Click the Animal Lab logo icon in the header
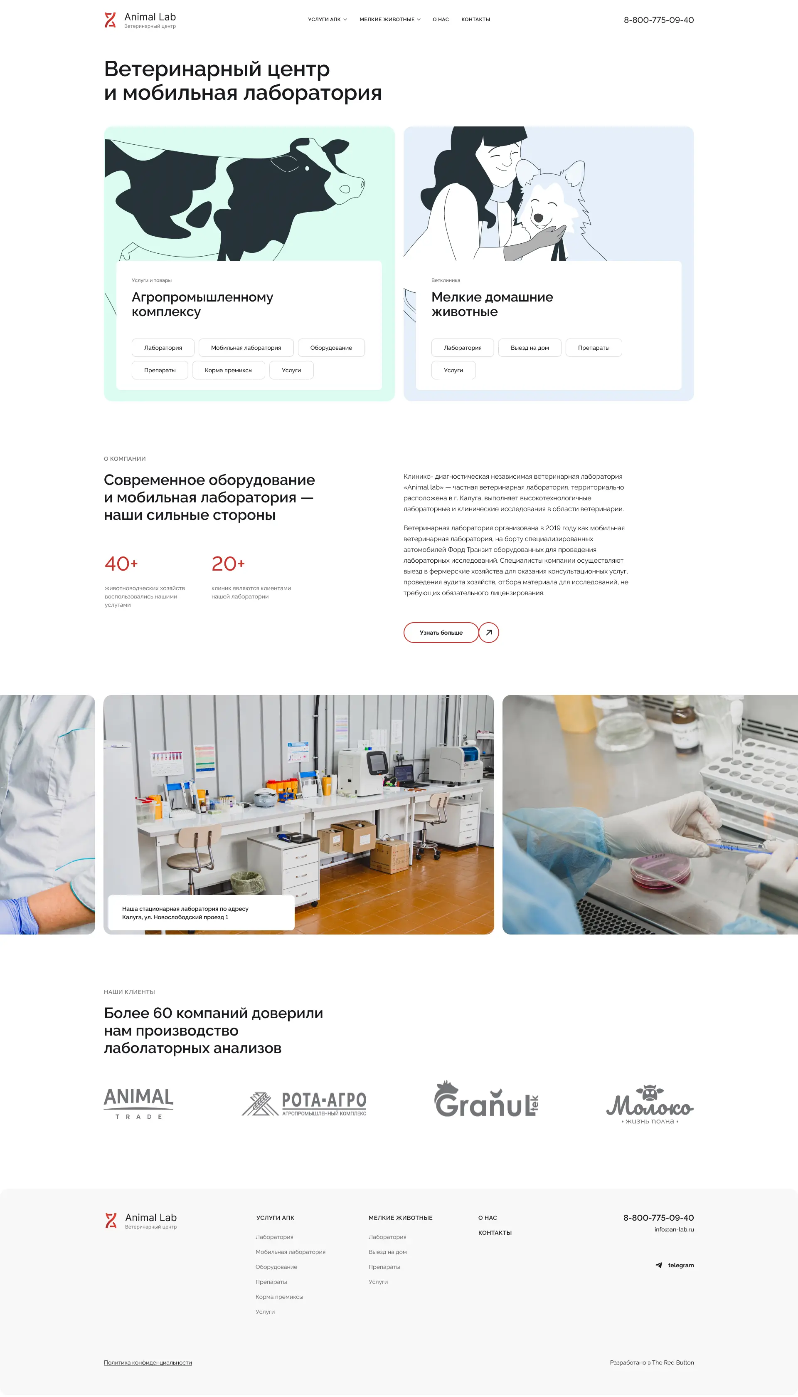[x=110, y=20]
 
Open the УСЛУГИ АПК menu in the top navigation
[x=327, y=20]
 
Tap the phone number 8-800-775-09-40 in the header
[x=658, y=20]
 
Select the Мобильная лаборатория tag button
[x=246, y=348]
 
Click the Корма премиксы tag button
[x=229, y=370]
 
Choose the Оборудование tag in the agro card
[x=331, y=348]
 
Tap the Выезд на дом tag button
[x=530, y=348]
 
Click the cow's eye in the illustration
[x=307, y=168]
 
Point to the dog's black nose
[x=538, y=218]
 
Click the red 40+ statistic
[x=121, y=564]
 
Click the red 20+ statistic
[x=228, y=564]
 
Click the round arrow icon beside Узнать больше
[x=489, y=632]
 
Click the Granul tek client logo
[x=487, y=1099]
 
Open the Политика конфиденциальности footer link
[x=148, y=1362]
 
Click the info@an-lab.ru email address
[x=674, y=1229]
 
